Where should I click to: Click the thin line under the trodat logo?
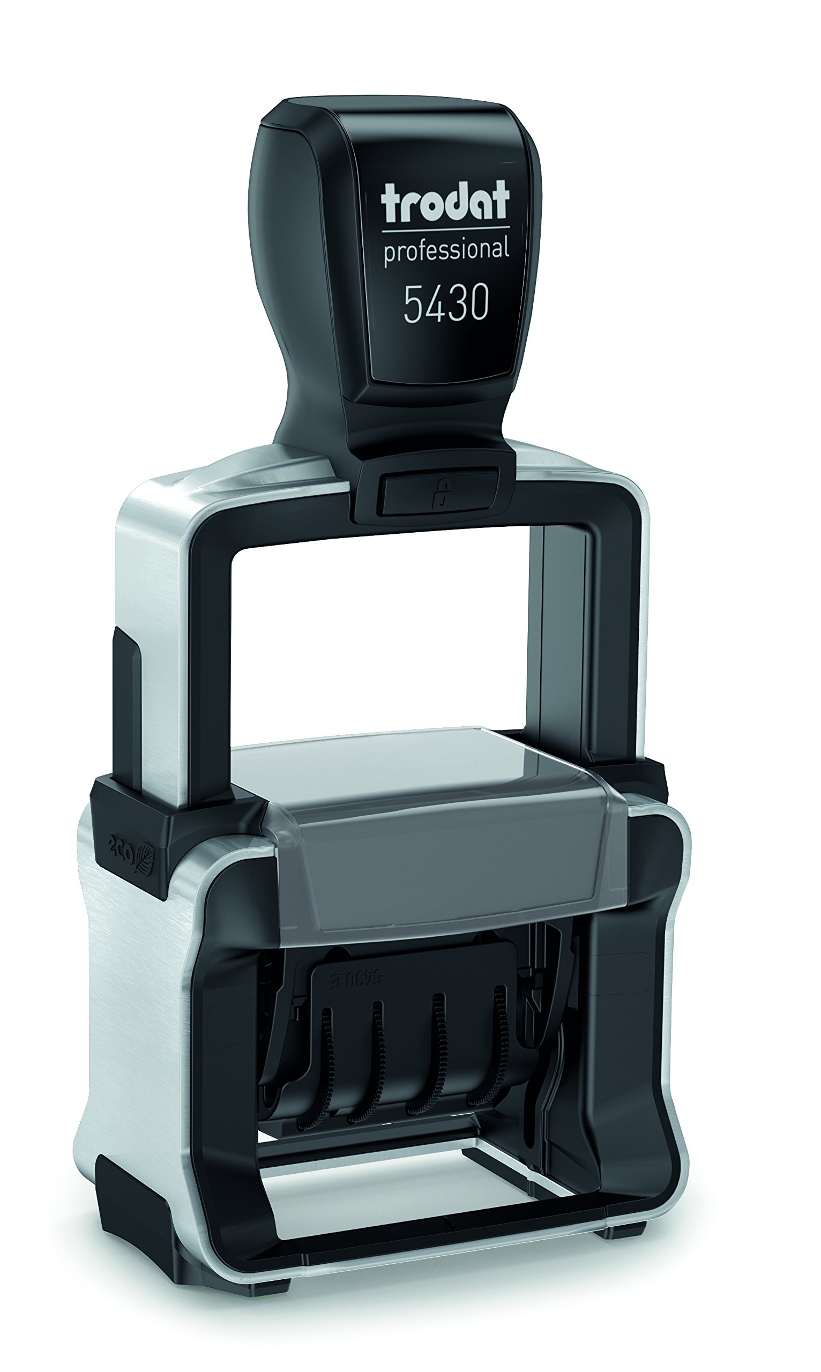click(x=446, y=228)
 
